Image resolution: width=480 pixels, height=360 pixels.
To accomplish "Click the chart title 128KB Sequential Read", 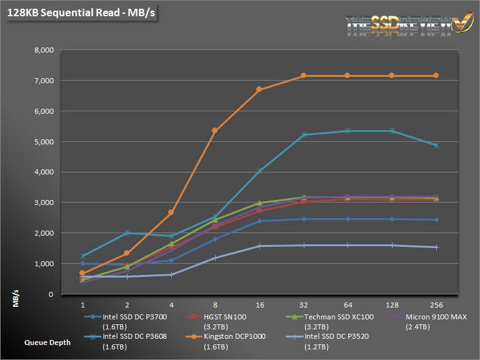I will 81,12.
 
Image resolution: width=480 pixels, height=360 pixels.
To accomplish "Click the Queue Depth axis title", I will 48,342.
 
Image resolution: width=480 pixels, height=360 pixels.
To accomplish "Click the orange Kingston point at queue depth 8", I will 215,131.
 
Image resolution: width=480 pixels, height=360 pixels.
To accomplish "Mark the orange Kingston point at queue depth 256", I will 436,76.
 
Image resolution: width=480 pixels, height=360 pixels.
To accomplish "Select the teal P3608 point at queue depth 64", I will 348,131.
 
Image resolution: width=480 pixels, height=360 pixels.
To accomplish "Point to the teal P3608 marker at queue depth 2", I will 126,233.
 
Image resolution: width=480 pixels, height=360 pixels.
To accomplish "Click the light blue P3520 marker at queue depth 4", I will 171,274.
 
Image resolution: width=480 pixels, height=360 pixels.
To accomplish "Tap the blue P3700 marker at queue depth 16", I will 259,221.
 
